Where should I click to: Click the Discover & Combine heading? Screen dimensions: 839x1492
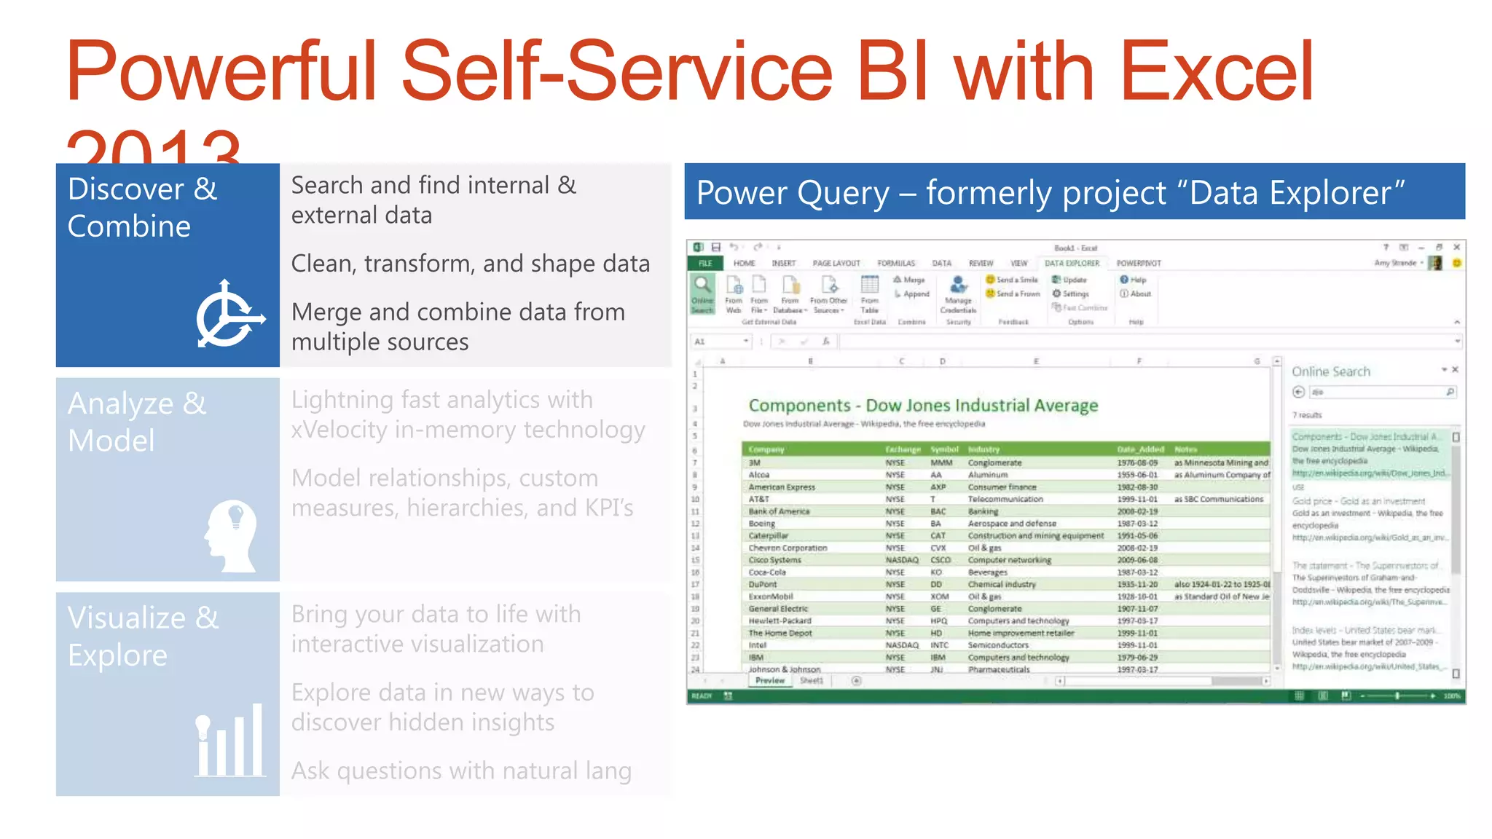[143, 208]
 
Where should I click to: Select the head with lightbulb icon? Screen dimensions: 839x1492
[231, 535]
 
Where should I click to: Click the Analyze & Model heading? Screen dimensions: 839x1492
[137, 422]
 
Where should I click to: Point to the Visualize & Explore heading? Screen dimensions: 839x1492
[143, 636]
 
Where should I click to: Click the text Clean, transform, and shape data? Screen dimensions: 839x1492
[470, 264]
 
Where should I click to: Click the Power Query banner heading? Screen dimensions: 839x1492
[1050, 193]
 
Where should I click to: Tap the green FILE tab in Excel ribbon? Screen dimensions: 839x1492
[705, 263]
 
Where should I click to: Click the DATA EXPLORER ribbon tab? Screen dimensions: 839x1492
[1072, 263]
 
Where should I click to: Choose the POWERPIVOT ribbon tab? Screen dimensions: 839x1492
[1138, 263]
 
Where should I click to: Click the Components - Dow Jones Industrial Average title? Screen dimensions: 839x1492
[923, 406]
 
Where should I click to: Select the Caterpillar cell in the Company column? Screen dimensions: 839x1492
[768, 535]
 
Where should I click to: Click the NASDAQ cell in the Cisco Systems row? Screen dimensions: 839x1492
[901, 560]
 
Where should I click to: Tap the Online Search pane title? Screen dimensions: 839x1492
[1330, 371]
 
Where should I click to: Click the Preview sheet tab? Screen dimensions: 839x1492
[769, 680]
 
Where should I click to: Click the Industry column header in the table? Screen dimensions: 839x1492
[983, 449]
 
